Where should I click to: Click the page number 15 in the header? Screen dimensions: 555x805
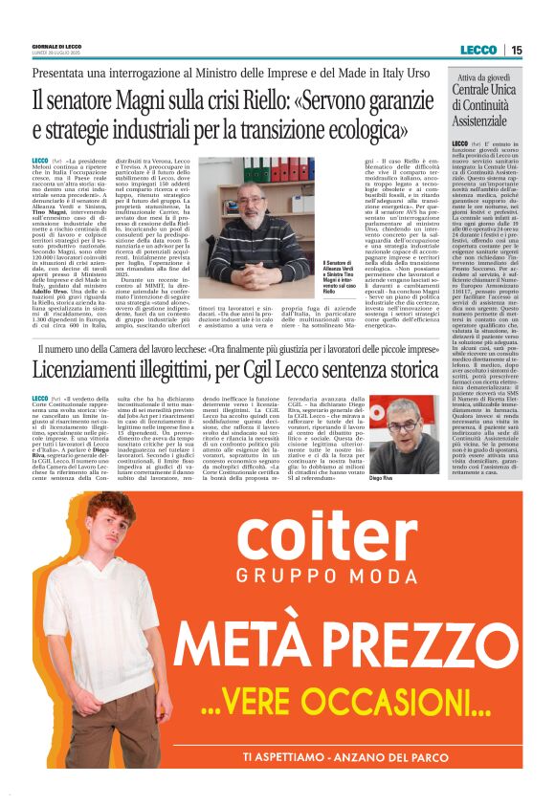click(x=516, y=50)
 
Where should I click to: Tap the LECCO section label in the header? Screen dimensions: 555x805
click(x=477, y=50)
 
